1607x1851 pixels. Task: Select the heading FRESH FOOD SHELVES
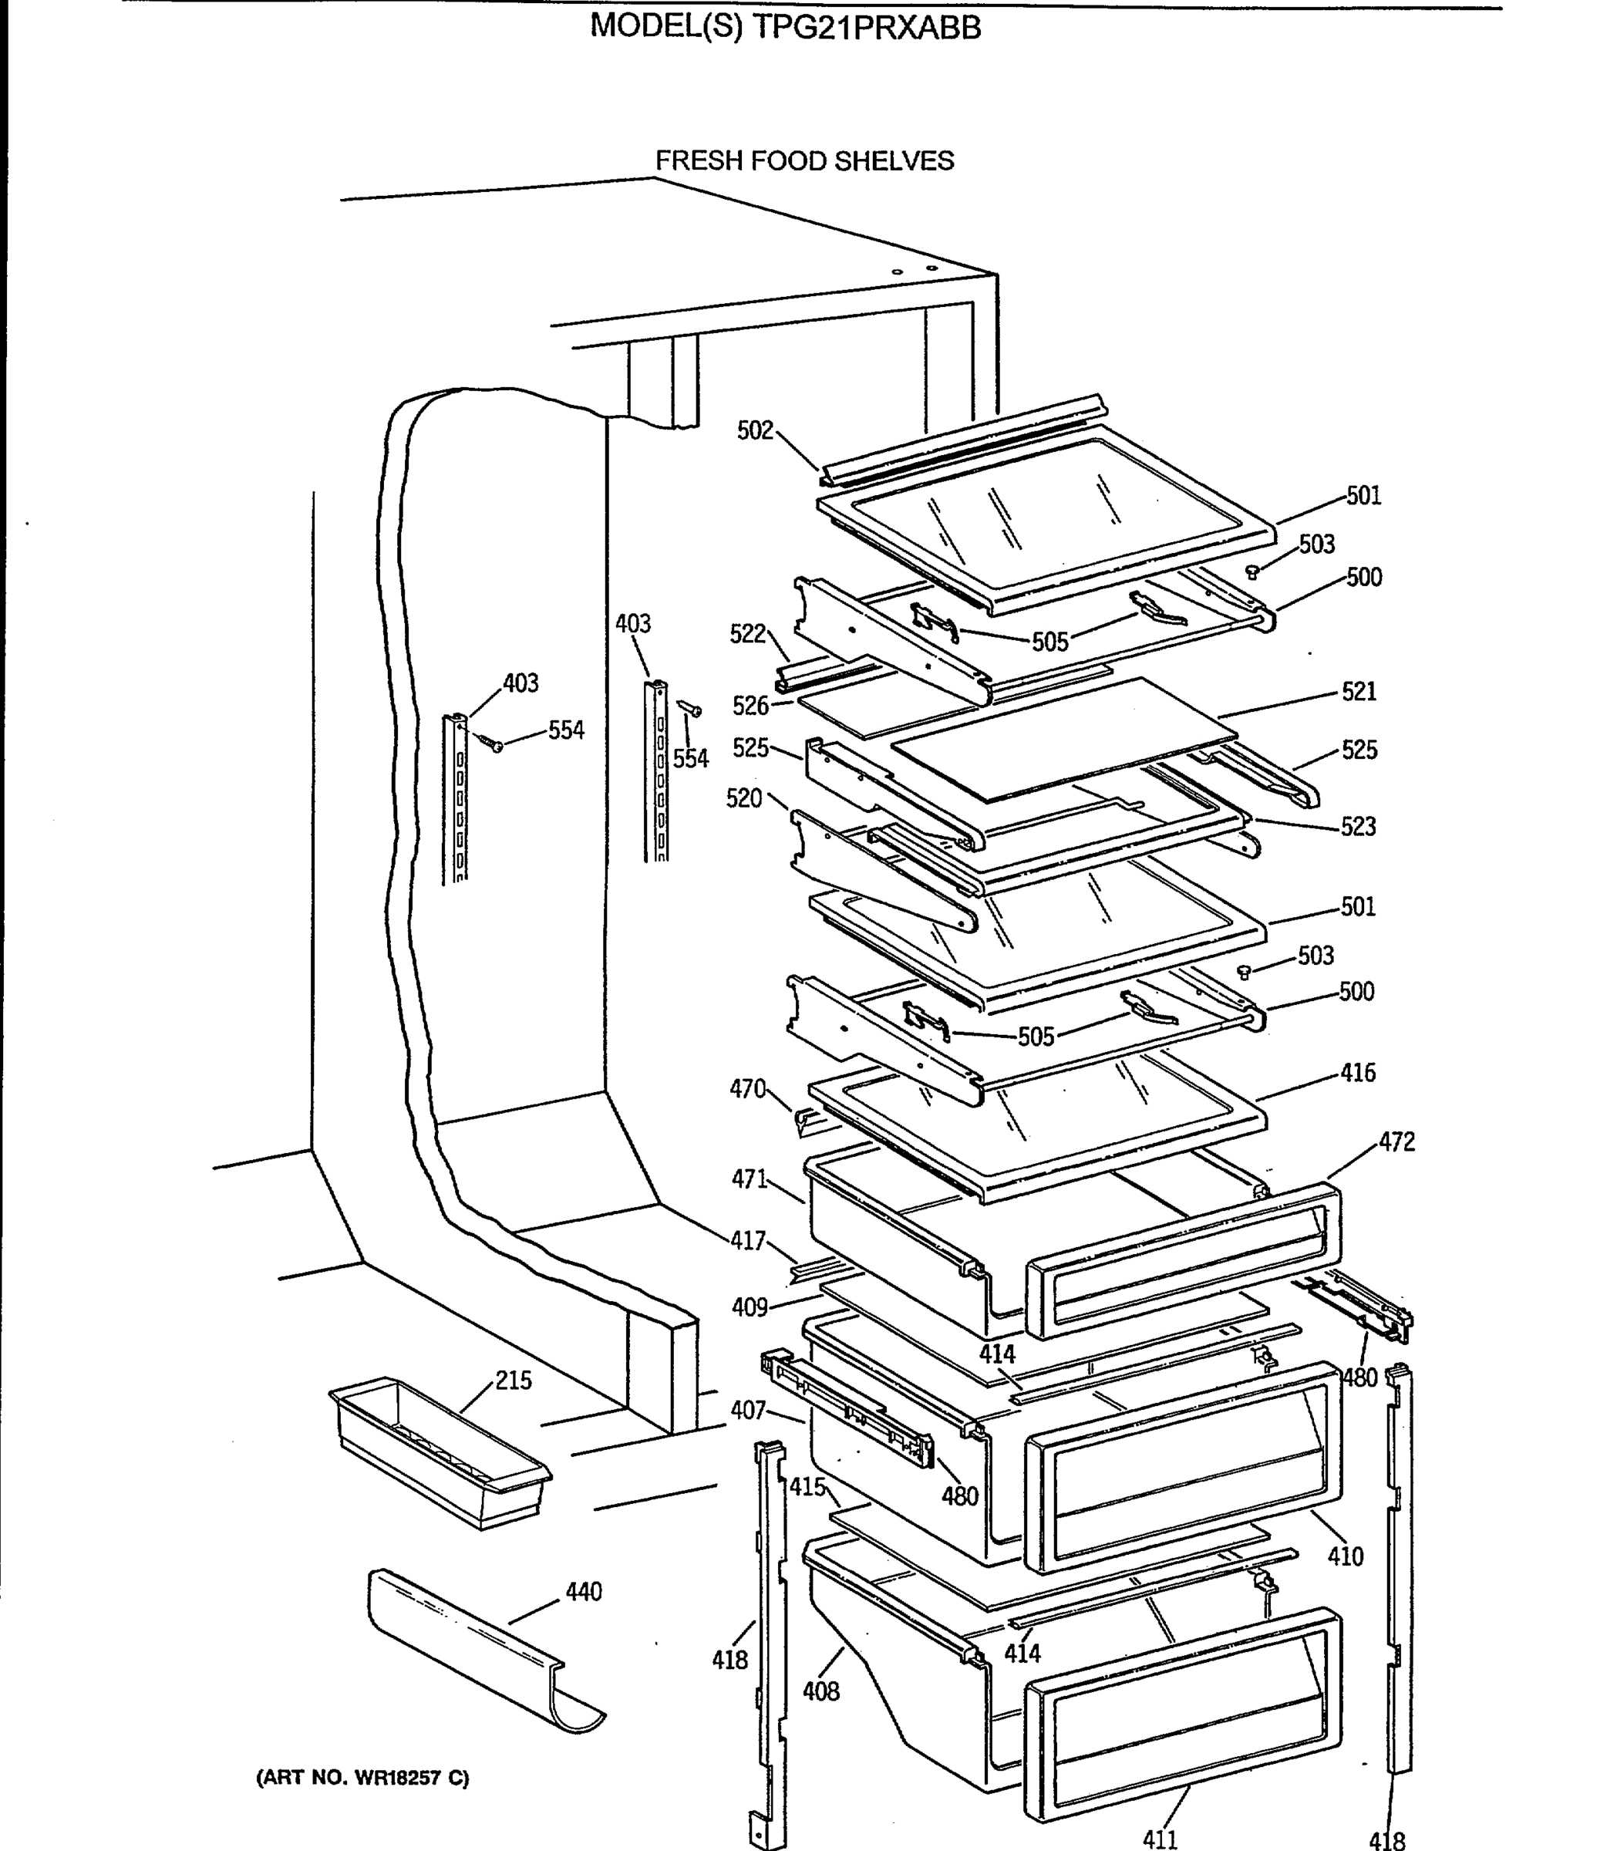[804, 160]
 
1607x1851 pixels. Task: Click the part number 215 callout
[513, 1381]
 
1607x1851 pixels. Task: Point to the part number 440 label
[584, 1592]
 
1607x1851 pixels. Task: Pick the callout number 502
[755, 430]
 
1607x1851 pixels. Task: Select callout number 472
[1396, 1141]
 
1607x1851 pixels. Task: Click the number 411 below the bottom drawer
[1160, 1839]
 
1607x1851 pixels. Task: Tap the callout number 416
[1358, 1073]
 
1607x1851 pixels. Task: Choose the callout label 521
[1359, 692]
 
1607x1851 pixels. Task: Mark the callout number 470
[748, 1089]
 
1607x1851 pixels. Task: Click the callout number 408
[820, 1691]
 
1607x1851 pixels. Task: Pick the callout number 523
[1358, 826]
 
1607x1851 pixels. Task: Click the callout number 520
[743, 798]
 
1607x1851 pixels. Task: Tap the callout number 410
[1345, 1556]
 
